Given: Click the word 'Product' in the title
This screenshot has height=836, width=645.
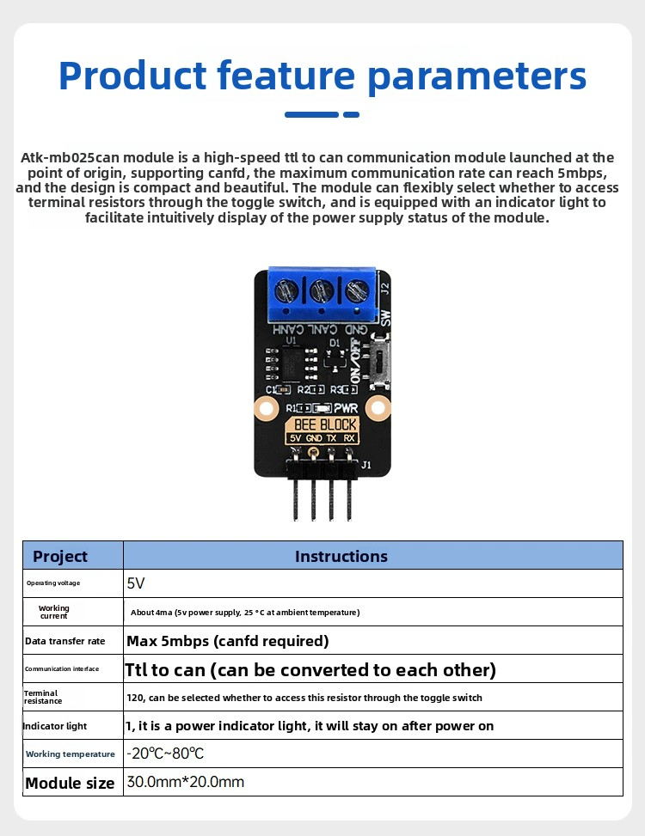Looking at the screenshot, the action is tap(132, 75).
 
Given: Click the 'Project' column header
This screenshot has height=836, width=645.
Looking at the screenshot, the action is tap(59, 556).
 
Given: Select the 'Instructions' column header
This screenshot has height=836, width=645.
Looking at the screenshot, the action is tap(341, 556).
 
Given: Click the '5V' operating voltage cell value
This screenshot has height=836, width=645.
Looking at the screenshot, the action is tap(136, 583).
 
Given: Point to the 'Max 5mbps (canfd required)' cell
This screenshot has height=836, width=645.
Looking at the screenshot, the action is tap(227, 641).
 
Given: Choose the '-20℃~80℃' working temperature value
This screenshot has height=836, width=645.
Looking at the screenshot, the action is tap(165, 754).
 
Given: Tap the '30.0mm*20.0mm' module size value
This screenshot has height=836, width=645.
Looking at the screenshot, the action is tap(185, 782).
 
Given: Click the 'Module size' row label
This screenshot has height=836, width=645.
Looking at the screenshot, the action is tap(70, 783).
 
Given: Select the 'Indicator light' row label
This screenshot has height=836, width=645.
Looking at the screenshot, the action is tap(54, 726).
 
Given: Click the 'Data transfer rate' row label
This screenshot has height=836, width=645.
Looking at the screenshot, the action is tap(65, 641).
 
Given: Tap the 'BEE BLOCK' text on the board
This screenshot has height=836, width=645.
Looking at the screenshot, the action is tap(325, 424).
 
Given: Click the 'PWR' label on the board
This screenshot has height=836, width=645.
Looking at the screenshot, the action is tap(346, 408).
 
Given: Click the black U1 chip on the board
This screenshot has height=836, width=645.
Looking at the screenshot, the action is tap(292, 363).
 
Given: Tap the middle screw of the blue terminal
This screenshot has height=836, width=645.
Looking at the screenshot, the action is tap(322, 291).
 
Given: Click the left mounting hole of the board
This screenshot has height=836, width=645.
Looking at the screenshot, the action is tap(265, 409).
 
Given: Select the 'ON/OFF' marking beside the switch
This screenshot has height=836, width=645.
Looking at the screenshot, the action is tap(356, 360).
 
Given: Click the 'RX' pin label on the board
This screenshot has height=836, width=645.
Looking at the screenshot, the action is tap(349, 438).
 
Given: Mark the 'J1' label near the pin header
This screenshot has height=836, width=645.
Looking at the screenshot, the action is tap(366, 465).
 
